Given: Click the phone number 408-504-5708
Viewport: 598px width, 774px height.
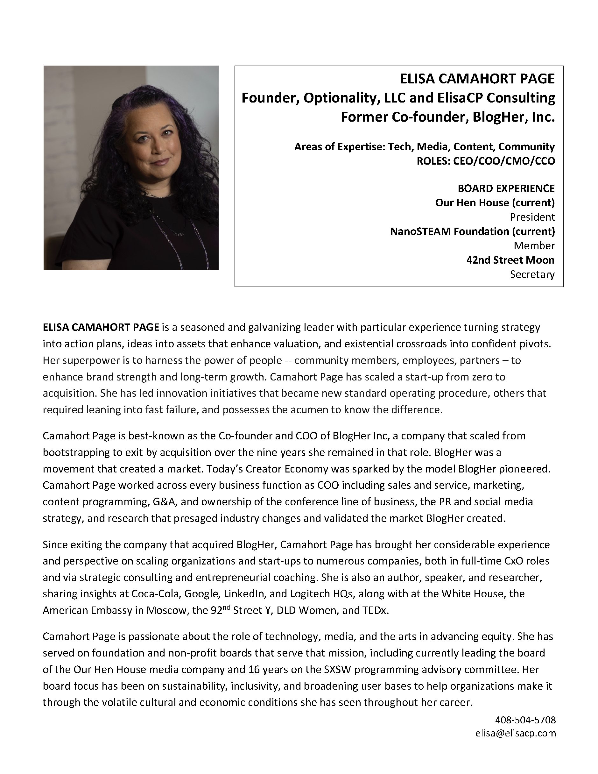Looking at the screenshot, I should (525, 720).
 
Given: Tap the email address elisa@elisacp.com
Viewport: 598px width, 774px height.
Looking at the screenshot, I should (516, 733).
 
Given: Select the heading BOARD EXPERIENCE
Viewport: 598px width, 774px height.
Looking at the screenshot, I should (506, 188).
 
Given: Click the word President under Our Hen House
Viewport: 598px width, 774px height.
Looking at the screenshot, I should (532, 217).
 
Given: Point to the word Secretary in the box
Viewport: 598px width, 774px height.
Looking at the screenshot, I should (532, 274).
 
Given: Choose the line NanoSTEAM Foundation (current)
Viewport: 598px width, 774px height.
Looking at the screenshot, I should (472, 231).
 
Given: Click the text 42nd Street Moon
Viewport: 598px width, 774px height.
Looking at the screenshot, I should (510, 260).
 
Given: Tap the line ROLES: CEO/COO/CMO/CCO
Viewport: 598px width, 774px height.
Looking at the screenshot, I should (485, 161).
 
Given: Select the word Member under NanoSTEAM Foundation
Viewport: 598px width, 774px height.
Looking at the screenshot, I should (534, 245).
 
